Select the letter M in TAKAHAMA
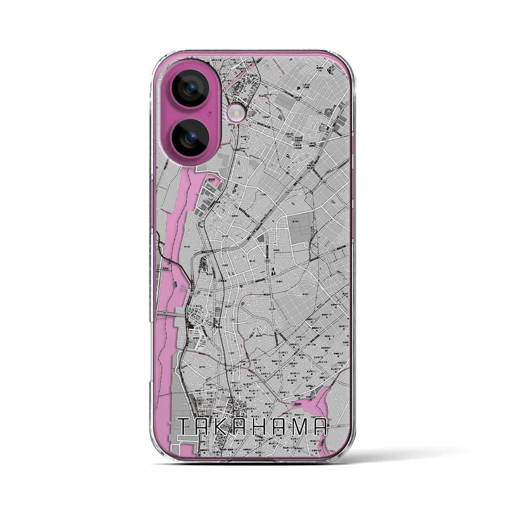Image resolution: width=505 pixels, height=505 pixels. coord(301,427)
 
